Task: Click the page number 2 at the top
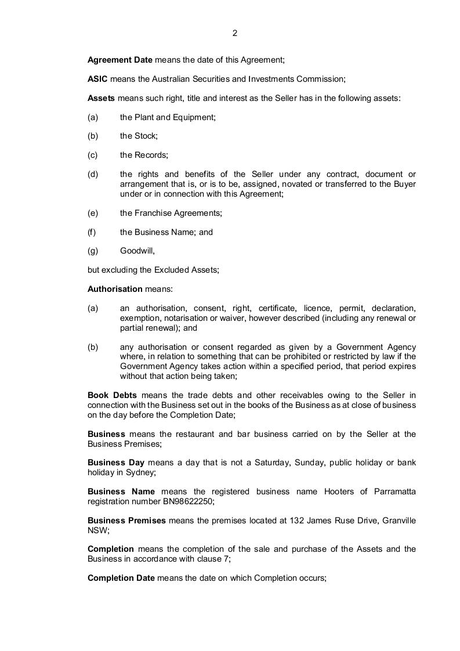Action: tap(234, 33)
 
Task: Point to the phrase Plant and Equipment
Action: tap(175, 117)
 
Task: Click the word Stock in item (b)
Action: tap(145, 136)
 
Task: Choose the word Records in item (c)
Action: tap(151, 155)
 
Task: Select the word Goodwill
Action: tap(137, 251)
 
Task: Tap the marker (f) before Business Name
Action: tap(92, 232)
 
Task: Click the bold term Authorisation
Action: tap(115, 289)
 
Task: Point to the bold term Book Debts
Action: tap(112, 396)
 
